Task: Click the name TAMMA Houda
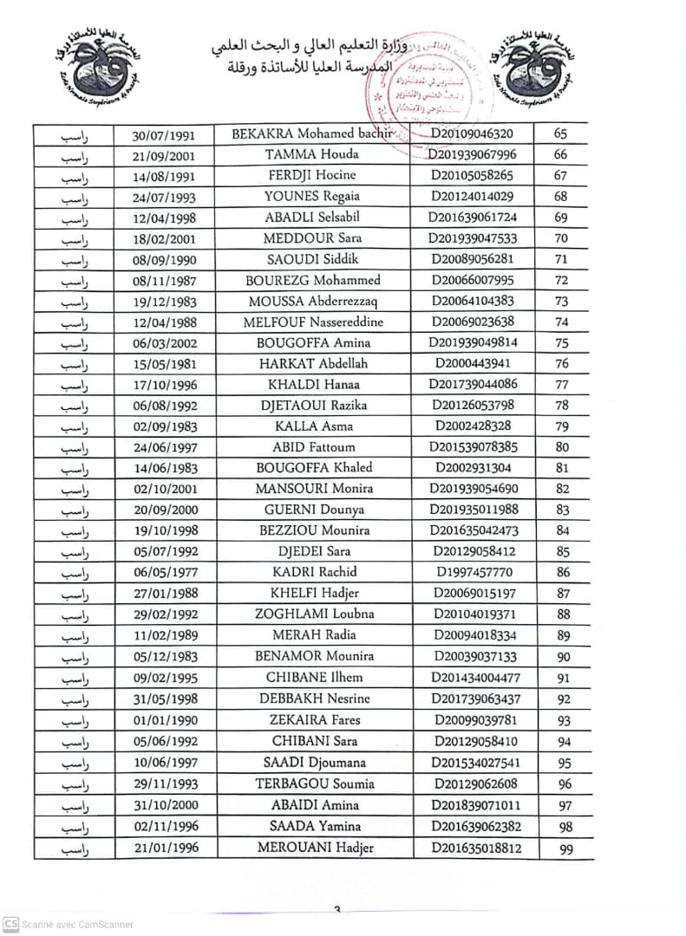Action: pos(312,155)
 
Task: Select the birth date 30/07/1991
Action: pos(164,135)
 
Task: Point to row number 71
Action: pos(561,259)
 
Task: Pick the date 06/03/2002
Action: pos(164,343)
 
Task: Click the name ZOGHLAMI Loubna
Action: pos(313,614)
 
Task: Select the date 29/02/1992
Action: pos(164,614)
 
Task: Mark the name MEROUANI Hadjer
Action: pos(315,848)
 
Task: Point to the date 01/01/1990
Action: pos(164,720)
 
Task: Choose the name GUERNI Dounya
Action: pos(314,510)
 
